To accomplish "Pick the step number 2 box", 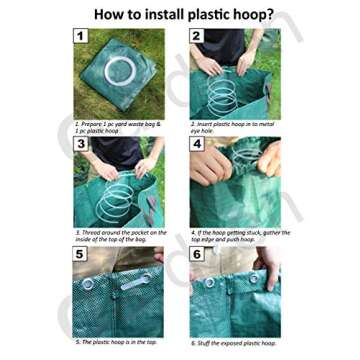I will pyautogui.click(x=196, y=36).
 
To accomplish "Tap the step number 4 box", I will pyautogui.click(x=196, y=144).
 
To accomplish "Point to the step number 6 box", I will pyautogui.click(x=196, y=254).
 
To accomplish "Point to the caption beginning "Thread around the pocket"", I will pyautogui.click(x=118, y=236).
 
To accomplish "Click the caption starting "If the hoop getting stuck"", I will pyautogui.click(x=238, y=236).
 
